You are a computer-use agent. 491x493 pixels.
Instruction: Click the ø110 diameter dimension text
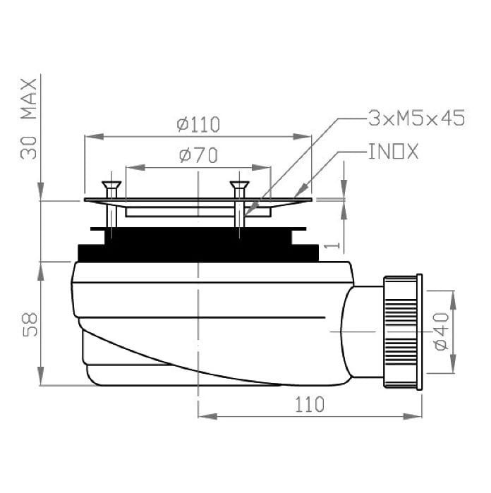click(198, 125)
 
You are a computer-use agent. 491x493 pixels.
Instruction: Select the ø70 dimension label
click(198, 155)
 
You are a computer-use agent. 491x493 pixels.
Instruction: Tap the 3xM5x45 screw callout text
click(417, 118)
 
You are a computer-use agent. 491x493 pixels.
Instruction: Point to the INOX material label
click(393, 152)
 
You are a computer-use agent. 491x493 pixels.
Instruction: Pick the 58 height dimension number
click(29, 324)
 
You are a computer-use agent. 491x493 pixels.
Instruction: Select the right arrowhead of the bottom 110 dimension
click(418, 416)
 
